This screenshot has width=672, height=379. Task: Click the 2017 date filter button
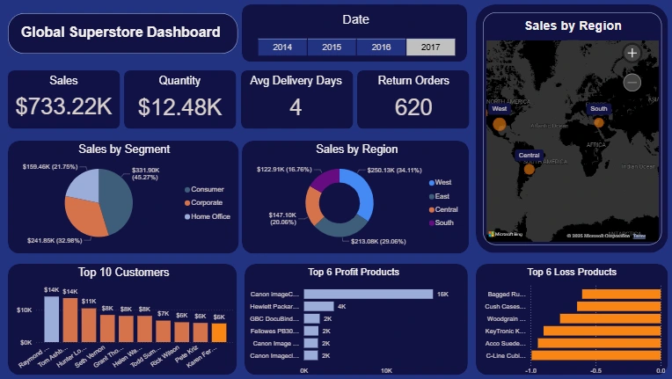tap(430, 47)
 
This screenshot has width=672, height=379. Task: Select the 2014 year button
tap(282, 47)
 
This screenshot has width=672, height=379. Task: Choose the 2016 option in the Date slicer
tap(381, 47)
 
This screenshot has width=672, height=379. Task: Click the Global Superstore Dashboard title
tap(121, 33)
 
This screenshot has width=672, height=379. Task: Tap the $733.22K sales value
tap(63, 106)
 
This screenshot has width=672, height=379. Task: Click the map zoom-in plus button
tap(632, 53)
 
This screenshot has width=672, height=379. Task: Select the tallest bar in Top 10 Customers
tap(52, 318)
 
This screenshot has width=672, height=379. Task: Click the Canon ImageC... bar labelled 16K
tap(368, 294)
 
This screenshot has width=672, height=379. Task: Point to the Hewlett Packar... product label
tap(276, 306)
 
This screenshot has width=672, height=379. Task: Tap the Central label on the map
tap(528, 155)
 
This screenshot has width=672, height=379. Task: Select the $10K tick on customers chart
tap(26, 310)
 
